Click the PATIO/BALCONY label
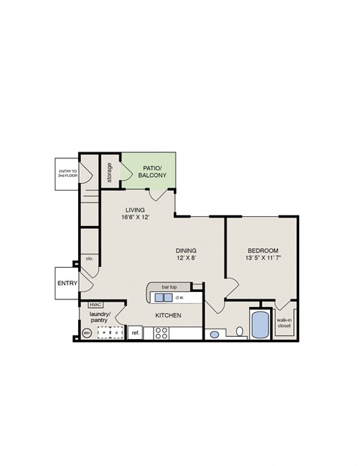(154, 171)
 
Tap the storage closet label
(109, 173)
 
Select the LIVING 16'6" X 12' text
(140, 215)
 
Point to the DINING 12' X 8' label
(187, 254)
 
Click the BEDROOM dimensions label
(263, 254)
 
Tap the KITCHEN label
(167, 316)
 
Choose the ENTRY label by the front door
(67, 283)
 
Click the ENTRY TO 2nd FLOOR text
(68, 173)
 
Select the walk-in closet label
(284, 323)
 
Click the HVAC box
(95, 304)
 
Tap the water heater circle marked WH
(86, 332)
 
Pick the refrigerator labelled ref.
(136, 332)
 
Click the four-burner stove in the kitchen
(161, 332)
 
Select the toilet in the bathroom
(238, 331)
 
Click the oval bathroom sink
(214, 335)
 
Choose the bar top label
(168, 287)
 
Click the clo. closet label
(88, 259)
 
